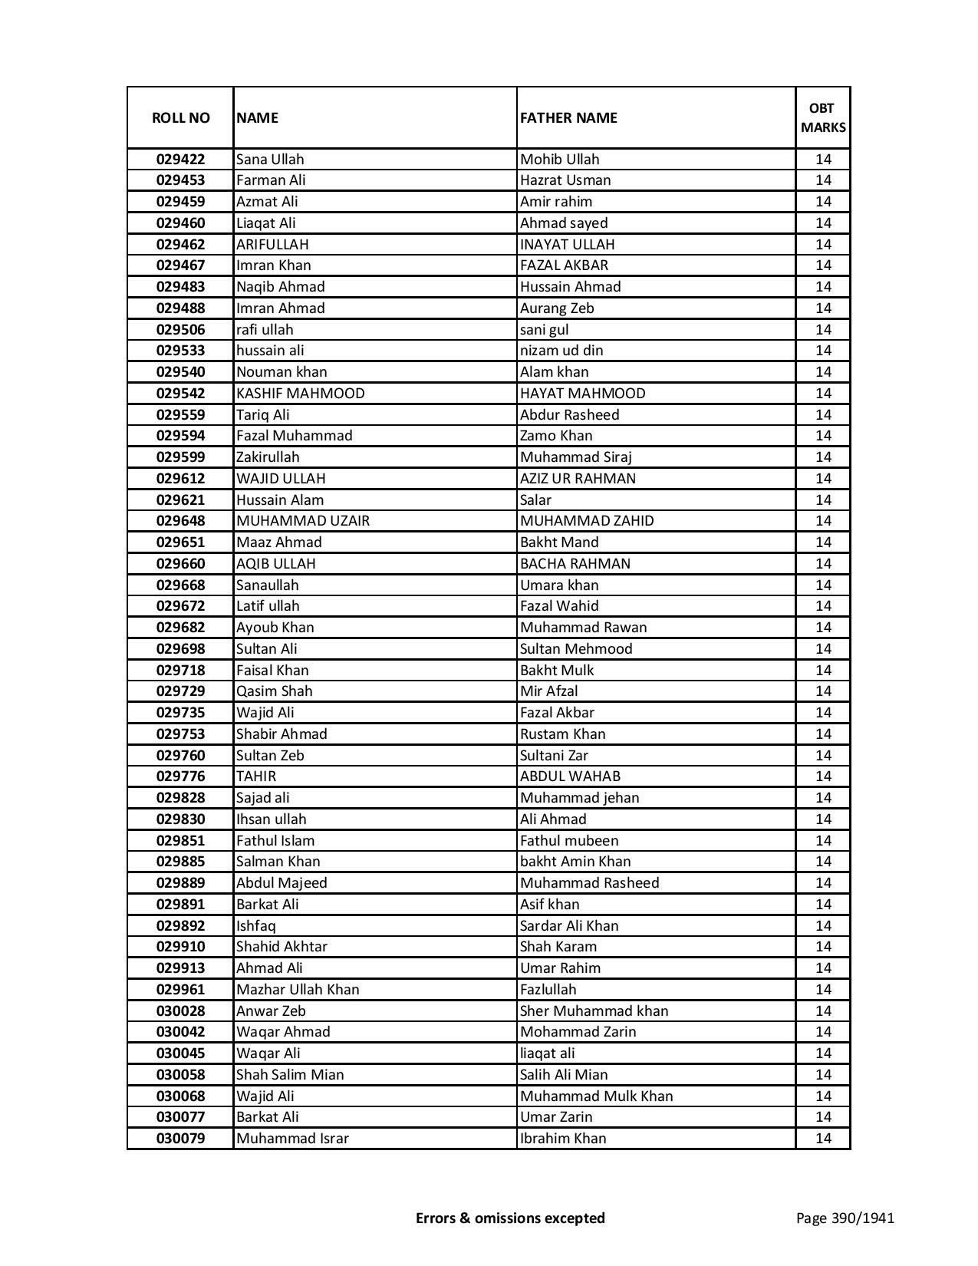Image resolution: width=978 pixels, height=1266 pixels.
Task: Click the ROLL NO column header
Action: coord(180,117)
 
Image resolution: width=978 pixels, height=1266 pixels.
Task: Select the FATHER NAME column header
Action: coord(568,117)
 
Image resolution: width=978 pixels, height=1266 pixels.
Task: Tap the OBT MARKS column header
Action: coord(823,117)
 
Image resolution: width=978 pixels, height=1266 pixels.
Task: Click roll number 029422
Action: coord(180,160)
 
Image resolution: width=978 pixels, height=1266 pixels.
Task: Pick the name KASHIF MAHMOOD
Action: coord(300,394)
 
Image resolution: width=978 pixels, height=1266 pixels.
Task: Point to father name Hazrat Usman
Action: coord(565,180)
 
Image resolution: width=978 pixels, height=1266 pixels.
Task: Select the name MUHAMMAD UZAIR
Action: coord(302,521)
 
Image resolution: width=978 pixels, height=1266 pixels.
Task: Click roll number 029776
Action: coord(180,776)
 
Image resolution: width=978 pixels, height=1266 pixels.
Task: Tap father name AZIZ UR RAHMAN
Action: coord(578,479)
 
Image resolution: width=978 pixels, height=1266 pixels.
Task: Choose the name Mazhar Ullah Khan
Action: coord(298,990)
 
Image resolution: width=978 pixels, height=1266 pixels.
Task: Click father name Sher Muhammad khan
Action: coord(594,1011)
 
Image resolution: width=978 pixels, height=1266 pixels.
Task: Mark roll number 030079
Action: coord(180,1139)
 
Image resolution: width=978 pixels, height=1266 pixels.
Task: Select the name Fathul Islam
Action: coord(275,841)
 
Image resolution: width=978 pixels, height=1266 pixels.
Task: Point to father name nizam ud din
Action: coord(561,351)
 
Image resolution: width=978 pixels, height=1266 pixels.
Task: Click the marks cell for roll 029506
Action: coord(823,330)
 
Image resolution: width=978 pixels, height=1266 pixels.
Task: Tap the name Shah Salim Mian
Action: coord(290,1075)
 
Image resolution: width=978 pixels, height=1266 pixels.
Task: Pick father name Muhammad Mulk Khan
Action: coord(596,1096)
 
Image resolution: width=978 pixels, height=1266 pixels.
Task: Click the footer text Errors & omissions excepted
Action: coord(510,1218)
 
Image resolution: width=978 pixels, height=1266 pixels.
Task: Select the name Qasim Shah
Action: coord(274,691)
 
